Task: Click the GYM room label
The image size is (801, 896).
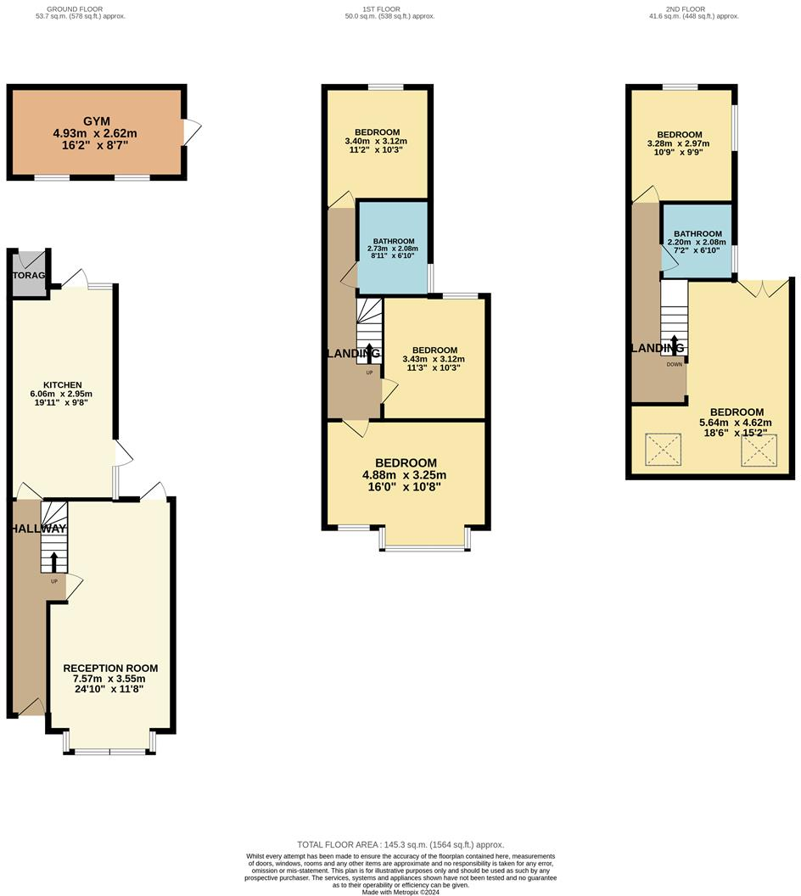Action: (x=95, y=121)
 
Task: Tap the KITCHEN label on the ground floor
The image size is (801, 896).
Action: (x=62, y=384)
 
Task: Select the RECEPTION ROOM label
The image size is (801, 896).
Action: (x=110, y=669)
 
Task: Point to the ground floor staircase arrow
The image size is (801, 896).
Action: (x=54, y=562)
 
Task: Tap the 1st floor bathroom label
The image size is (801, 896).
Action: (x=393, y=241)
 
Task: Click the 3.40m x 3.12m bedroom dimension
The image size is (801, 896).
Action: (x=377, y=141)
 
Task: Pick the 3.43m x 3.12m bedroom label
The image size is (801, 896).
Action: (x=434, y=350)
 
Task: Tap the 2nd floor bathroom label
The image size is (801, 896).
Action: (x=697, y=234)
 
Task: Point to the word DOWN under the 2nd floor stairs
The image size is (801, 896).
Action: (x=675, y=365)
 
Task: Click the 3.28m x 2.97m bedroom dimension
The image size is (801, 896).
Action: (x=681, y=144)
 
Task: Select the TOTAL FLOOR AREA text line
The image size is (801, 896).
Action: (x=400, y=844)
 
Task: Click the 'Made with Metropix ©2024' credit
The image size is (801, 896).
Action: (x=400, y=892)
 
